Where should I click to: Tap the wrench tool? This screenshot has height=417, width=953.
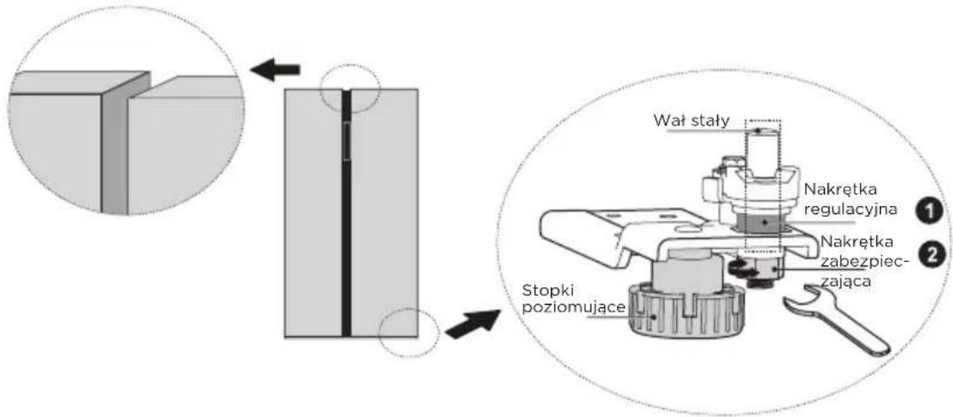pos(836,319)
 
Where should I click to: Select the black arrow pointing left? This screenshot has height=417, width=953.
pos(275,70)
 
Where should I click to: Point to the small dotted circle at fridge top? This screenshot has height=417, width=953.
pos(350,88)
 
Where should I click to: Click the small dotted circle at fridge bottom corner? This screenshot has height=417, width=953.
pos(408,332)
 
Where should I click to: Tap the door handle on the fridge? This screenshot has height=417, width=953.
pos(347,141)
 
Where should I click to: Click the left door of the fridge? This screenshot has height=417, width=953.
pos(313,212)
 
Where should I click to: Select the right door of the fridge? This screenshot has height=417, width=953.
pos(384,212)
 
